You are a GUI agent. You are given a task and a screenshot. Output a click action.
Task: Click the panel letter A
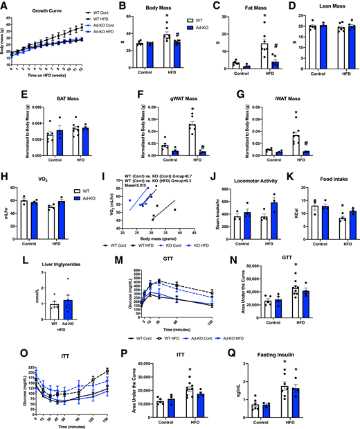pyautogui.click(x=5, y=5)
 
